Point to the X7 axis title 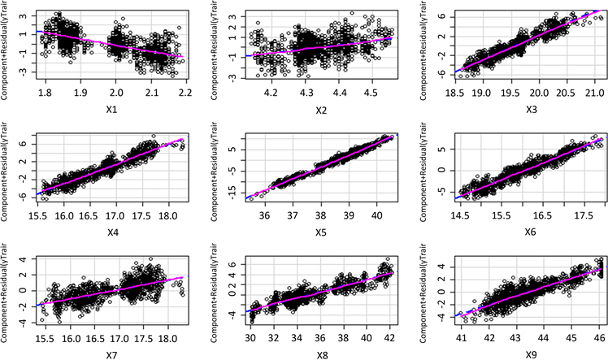tap(102, 354)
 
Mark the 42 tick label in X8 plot tap(392, 336)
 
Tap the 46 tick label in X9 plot tap(596, 336)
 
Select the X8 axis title tap(303, 354)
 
